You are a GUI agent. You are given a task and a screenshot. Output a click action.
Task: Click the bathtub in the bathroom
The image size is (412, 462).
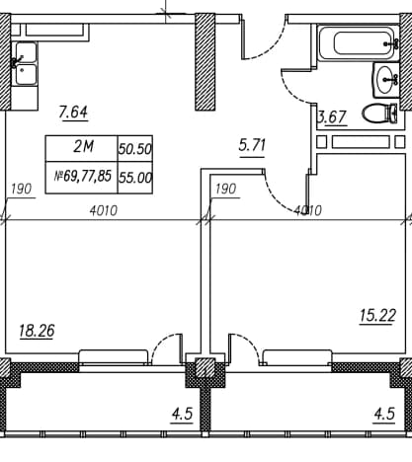click(359, 43)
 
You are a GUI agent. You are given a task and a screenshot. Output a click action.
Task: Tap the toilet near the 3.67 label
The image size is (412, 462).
click(379, 114)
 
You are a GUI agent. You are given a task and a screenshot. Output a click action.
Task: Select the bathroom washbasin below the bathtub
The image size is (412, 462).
click(385, 80)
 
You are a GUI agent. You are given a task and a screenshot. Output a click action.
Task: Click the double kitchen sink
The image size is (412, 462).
click(26, 63)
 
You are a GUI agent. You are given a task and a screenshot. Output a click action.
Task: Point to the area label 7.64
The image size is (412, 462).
click(73, 112)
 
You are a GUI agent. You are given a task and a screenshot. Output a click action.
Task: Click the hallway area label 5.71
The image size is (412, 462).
click(252, 145)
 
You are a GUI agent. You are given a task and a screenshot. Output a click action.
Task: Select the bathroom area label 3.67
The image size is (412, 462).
click(332, 117)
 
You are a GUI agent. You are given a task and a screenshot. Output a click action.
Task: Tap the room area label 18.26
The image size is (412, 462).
click(37, 331)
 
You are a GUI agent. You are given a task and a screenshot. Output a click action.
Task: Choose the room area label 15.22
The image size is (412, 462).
click(377, 316)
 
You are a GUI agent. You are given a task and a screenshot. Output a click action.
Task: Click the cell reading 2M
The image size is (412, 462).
click(82, 148)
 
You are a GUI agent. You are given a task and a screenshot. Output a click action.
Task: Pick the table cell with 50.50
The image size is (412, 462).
click(135, 149)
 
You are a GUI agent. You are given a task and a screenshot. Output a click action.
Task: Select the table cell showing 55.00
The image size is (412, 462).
click(135, 178)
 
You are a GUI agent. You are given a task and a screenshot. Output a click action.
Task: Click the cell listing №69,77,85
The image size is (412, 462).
click(82, 178)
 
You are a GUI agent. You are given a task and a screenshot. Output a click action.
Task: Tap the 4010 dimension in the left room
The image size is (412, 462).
click(104, 210)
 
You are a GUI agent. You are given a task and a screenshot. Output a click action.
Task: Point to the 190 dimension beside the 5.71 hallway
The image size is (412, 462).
click(225, 189)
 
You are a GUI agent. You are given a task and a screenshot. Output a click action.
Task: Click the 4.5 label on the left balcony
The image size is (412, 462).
click(182, 414)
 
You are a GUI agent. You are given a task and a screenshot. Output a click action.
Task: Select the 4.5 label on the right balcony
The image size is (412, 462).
click(384, 414)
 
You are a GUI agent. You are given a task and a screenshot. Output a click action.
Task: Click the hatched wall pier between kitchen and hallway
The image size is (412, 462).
click(205, 62)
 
